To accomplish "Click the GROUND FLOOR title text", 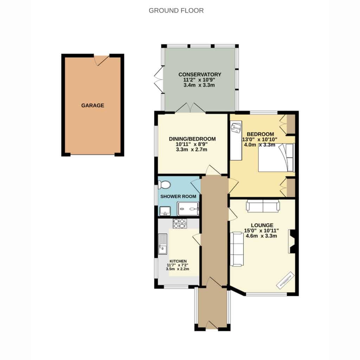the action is [x=176, y=11].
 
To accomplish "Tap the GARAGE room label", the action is [x=93, y=105].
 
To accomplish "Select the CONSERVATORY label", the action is [x=200, y=75].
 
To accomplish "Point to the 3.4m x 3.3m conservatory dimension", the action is [x=199, y=85].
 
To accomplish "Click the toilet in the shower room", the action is [x=165, y=184].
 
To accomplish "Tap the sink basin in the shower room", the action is [x=165, y=211].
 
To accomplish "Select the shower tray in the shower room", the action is [x=188, y=209].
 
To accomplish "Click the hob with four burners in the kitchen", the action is [x=180, y=224].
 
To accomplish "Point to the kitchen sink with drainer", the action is [x=163, y=244].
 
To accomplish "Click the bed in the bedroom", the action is [x=276, y=157].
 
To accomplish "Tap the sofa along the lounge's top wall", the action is [x=263, y=205].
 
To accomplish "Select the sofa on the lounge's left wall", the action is [x=237, y=249].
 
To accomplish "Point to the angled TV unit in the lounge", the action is [x=285, y=280].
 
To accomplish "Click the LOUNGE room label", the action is [x=262, y=225].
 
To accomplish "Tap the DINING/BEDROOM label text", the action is [x=192, y=139].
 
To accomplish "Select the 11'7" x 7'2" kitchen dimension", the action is [x=178, y=265].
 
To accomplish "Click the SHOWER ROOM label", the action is [x=178, y=197].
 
